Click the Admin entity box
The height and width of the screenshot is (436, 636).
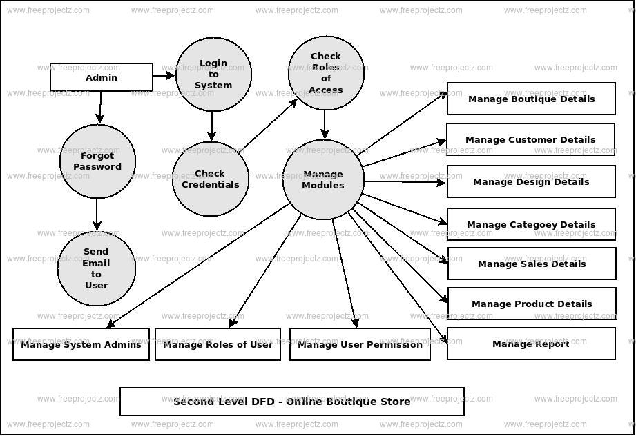click(x=102, y=77)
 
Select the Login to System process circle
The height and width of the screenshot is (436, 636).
click(x=213, y=74)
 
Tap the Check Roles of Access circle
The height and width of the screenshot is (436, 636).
click(x=325, y=73)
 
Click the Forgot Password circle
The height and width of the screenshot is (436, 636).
click(x=97, y=161)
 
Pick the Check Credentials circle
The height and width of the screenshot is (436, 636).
click(x=210, y=179)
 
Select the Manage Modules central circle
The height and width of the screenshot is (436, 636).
click(x=322, y=179)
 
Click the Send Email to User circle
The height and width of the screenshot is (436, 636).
click(x=96, y=268)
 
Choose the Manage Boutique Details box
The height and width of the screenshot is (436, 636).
click(x=530, y=99)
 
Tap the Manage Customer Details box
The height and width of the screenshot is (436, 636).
click(x=530, y=139)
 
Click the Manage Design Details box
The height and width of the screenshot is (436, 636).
click(x=530, y=181)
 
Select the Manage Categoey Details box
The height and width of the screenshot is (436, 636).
click(x=530, y=224)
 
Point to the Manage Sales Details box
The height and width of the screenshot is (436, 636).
click(x=531, y=264)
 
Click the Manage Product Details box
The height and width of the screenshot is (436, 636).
click(x=531, y=304)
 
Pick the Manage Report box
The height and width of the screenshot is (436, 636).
click(x=530, y=344)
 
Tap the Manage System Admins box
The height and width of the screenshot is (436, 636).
click(x=81, y=344)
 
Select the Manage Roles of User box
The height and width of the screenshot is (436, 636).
click(x=218, y=344)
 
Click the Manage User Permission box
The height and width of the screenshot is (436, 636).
click(x=360, y=344)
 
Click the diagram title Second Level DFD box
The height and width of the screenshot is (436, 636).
click(x=291, y=402)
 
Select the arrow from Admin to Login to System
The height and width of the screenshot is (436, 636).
click(x=164, y=75)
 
